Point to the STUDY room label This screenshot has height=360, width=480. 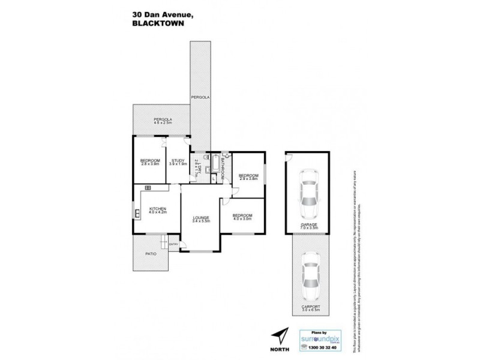click(178, 161)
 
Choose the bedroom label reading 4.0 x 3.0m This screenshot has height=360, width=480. click(242, 217)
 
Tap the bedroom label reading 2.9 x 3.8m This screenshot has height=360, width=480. click(248, 176)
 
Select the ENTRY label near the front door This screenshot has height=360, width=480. click(174, 244)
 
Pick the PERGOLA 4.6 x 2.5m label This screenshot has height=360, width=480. click(163, 121)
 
